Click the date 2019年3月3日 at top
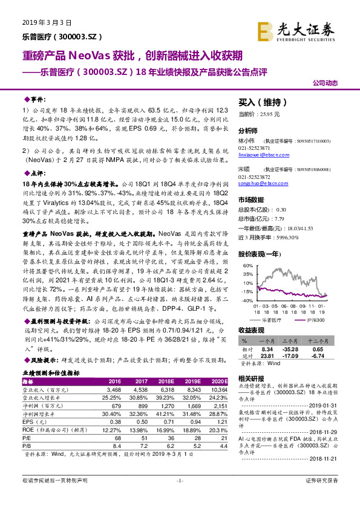41,22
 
